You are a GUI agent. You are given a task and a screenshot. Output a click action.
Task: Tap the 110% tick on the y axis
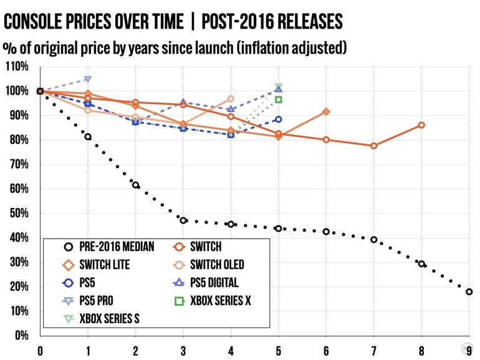(17, 66)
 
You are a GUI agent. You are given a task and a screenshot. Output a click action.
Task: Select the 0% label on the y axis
(22, 336)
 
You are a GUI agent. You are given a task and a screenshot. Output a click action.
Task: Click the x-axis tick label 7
(373, 350)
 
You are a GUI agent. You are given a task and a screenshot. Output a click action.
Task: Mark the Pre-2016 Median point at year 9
(469, 291)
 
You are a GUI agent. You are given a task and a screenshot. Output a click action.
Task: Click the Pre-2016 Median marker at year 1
(88, 136)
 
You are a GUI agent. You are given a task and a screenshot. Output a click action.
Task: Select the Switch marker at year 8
(421, 125)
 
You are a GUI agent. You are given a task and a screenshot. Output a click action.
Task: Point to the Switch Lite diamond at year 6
(326, 111)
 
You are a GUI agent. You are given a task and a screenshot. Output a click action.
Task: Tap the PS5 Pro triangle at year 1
(88, 79)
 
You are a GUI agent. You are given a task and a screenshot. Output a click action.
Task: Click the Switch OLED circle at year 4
(231, 98)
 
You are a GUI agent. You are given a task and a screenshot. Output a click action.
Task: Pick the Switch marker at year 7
(373, 146)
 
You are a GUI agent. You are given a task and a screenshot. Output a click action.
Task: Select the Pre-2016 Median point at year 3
(183, 220)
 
